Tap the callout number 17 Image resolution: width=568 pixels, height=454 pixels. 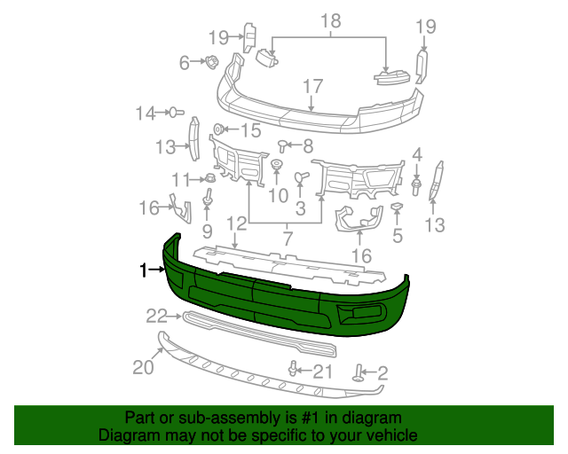(x=312, y=87)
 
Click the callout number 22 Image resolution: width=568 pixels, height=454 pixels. (x=156, y=316)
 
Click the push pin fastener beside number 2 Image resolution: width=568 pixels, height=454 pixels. (x=360, y=373)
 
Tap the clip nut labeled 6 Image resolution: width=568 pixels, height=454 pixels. (x=213, y=63)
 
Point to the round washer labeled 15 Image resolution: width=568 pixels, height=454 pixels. (x=218, y=130)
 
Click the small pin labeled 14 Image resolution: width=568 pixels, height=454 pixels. (x=177, y=113)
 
